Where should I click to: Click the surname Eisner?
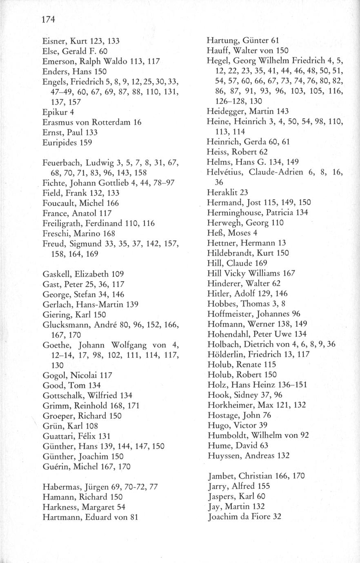click(54, 41)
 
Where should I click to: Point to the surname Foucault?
click(59, 203)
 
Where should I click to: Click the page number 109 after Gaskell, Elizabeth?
click(116, 274)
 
